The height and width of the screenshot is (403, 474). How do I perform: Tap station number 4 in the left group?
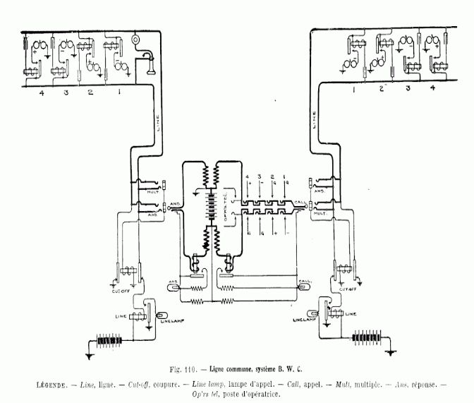point(32,92)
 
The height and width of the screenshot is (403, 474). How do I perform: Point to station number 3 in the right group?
point(408,90)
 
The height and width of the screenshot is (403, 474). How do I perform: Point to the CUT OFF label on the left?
point(121,289)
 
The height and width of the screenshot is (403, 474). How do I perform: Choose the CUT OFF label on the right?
point(349,289)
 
